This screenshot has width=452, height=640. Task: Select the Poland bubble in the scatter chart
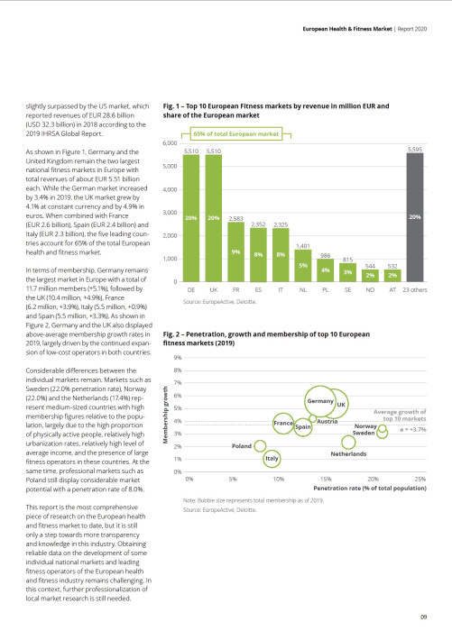261,444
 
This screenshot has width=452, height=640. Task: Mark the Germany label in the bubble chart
321,400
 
